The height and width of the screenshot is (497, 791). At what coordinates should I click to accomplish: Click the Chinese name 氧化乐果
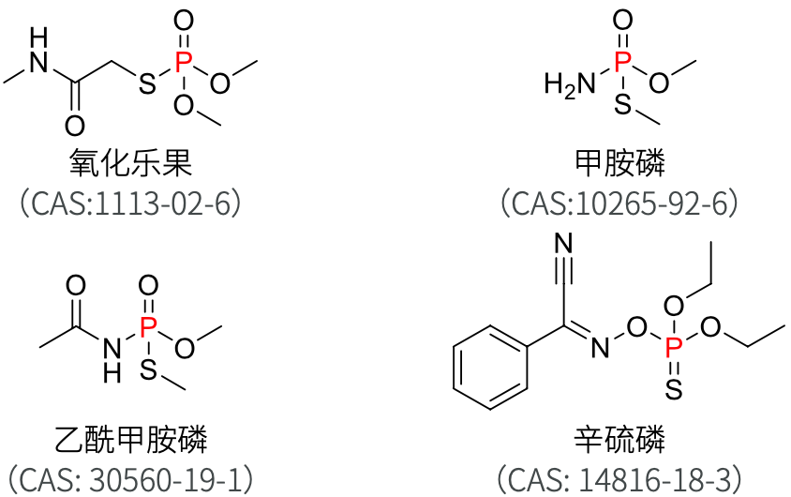pyautogui.click(x=130, y=164)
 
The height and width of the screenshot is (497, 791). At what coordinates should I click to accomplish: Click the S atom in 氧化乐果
pyautogui.click(x=146, y=85)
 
